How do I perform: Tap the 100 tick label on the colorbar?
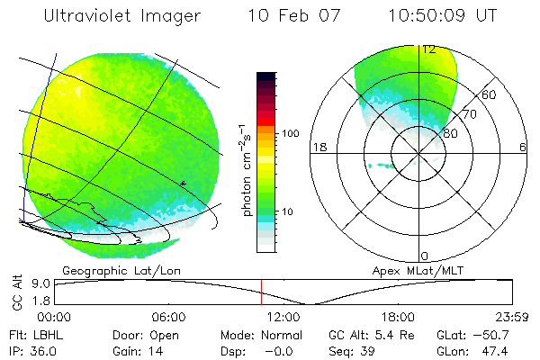pos(290,133)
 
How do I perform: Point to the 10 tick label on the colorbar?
pos(289,211)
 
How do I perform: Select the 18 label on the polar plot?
pos(318,147)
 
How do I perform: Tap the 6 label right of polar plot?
pos(523,147)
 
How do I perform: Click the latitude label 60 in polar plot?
pos(490,95)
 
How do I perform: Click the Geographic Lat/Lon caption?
pos(108,270)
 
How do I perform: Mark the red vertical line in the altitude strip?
pos(261,292)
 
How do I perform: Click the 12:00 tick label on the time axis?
pos(283,317)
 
